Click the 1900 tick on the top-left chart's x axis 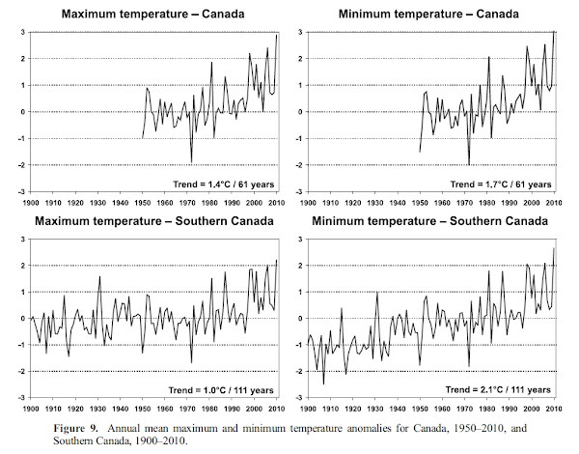31,202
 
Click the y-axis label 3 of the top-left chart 23,32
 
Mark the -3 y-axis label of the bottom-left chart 20,398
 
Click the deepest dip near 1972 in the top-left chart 191,162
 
